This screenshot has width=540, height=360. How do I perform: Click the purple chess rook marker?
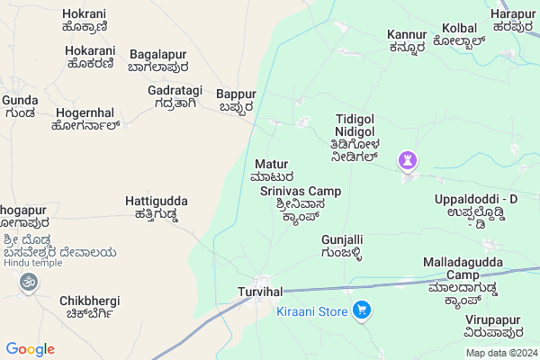click(x=406, y=159)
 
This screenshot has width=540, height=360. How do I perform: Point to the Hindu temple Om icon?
click(x=27, y=283)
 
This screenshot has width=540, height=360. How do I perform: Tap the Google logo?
click(x=30, y=349)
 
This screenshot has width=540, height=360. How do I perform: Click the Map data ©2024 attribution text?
click(x=500, y=352)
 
